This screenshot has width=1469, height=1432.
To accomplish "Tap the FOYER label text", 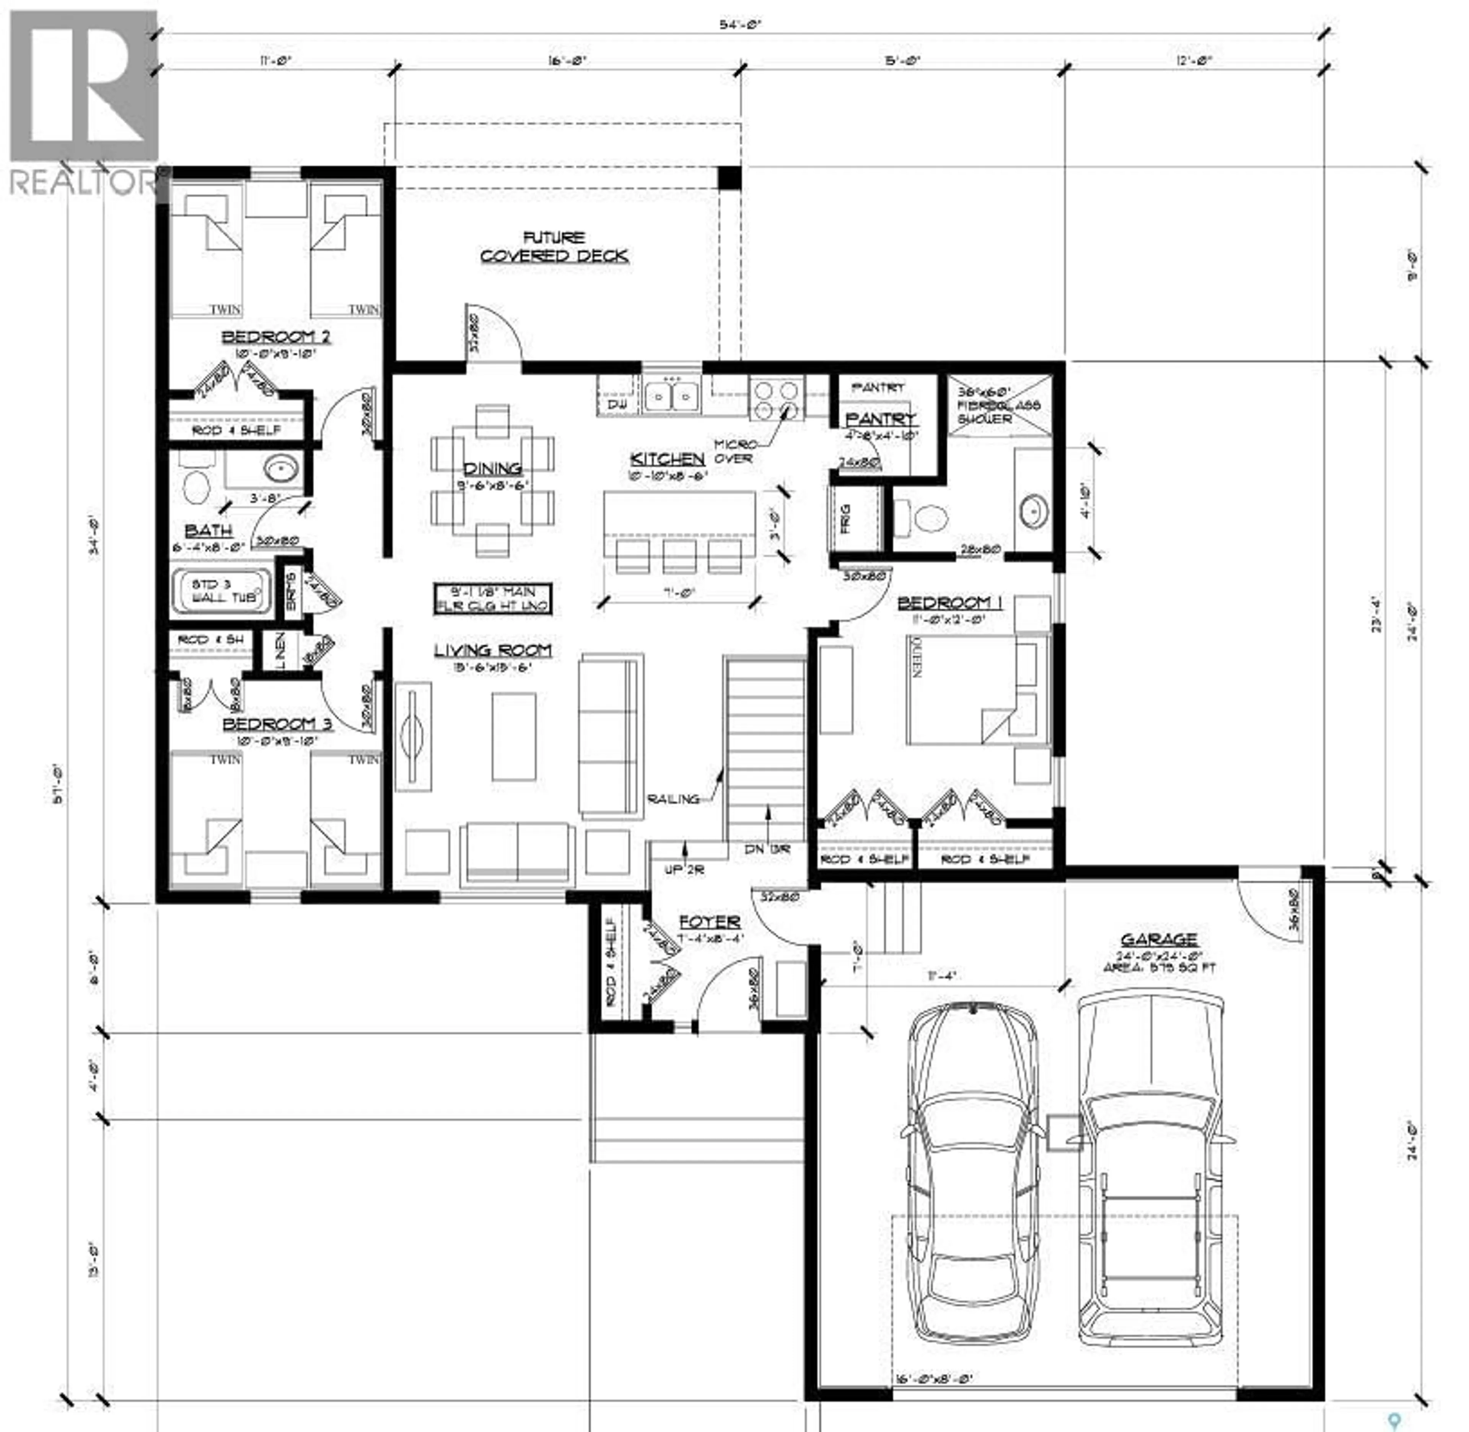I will (x=709, y=922).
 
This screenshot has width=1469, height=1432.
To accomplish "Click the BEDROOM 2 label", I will (x=276, y=337).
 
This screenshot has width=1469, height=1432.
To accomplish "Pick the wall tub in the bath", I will (x=220, y=590).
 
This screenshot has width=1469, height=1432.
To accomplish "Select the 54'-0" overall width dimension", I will (x=741, y=25).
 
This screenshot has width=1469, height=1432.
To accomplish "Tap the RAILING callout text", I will (x=673, y=799).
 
